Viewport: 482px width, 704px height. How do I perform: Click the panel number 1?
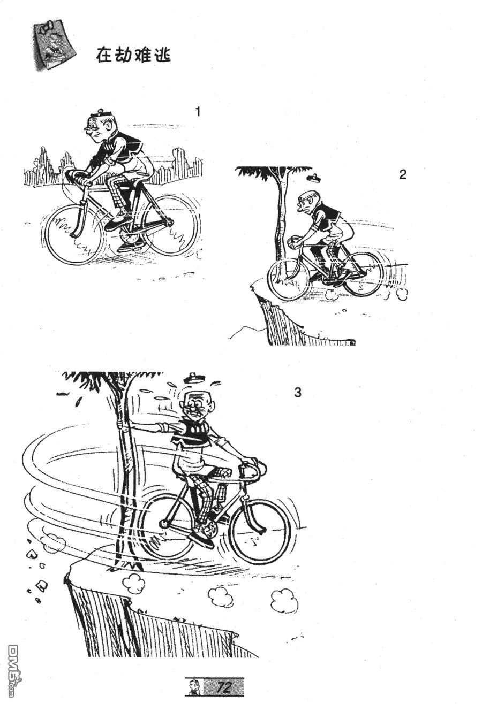[198, 112]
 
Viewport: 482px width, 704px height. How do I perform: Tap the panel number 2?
[403, 174]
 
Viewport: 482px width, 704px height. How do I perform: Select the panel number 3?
[297, 393]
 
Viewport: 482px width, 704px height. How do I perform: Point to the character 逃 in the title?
[162, 55]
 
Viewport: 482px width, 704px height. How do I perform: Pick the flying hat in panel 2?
[314, 178]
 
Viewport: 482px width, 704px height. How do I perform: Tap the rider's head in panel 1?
[101, 128]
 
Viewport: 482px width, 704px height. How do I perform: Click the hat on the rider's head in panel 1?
[100, 114]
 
